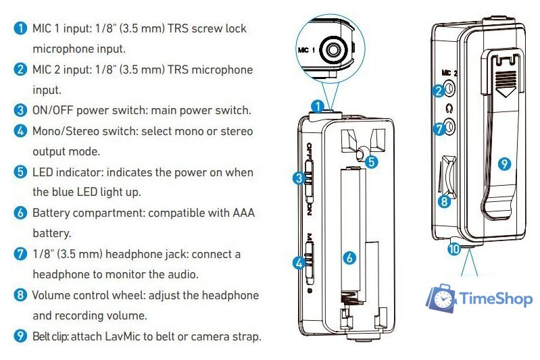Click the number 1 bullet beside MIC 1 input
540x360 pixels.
(20, 29)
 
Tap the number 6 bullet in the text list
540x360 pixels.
(20, 213)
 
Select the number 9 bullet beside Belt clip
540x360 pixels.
(20, 336)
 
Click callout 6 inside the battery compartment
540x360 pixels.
(349, 257)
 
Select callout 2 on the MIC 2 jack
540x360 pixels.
(439, 90)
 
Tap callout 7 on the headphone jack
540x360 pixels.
(439, 126)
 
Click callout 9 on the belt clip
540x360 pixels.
(502, 163)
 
